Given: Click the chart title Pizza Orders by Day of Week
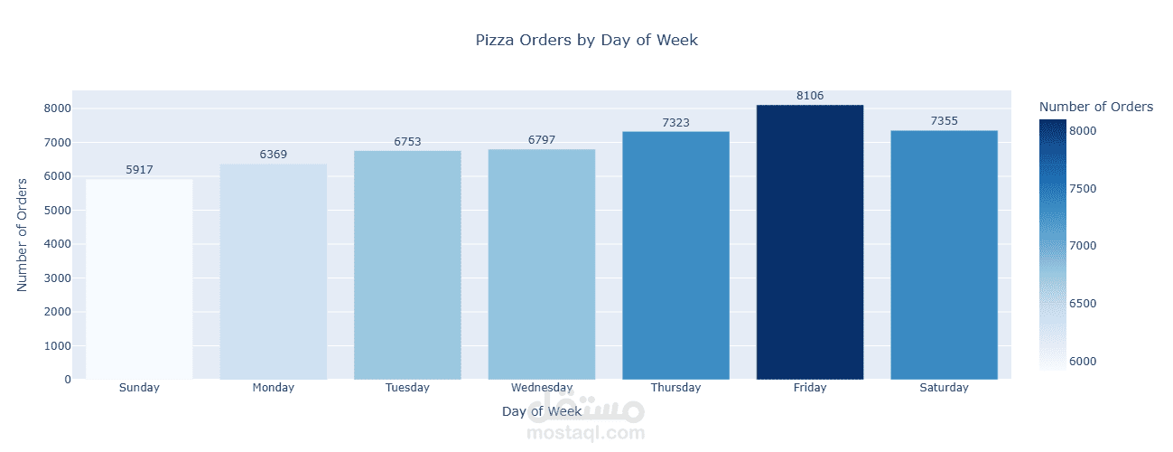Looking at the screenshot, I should coord(586,40).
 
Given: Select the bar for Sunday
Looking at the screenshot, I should coord(139,279).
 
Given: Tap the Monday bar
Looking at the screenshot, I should coord(274,271).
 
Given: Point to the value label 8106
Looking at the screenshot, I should coord(810,96).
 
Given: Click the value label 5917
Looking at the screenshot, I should coord(139,170).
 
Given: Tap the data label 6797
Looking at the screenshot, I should coord(542,140).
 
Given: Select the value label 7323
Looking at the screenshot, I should coord(675,122).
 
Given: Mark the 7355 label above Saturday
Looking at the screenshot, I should coord(944,121).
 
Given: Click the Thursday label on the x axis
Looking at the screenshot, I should coord(675,388).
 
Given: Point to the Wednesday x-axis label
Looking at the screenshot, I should coord(542,388).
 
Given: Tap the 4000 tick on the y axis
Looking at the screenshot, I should coord(56,244).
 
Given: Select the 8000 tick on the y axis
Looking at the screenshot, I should coord(56,108).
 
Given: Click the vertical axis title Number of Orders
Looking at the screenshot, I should coord(23,233).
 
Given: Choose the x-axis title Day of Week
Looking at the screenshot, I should coord(542,411).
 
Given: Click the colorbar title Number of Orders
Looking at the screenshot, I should coord(1095,107).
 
